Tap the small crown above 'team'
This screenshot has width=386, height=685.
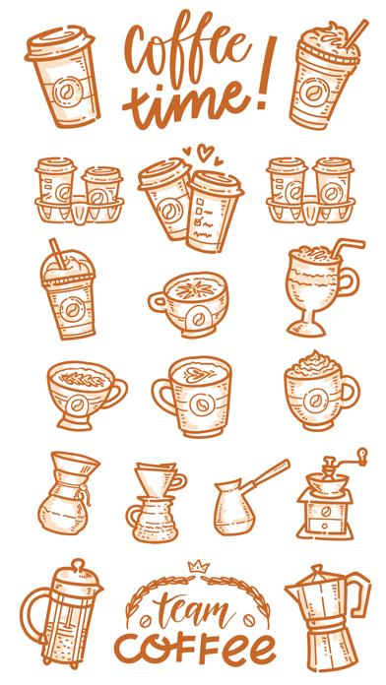tap(199, 567)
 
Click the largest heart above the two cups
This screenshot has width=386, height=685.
tap(205, 152)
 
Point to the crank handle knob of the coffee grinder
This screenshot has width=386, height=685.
tap(362, 454)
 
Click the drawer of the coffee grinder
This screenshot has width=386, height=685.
tap(324, 526)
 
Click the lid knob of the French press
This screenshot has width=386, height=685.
tap(78, 564)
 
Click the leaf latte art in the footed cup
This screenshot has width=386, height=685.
tap(82, 378)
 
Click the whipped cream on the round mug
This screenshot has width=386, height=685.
tap(313, 363)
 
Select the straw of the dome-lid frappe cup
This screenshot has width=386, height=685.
tap(57, 252)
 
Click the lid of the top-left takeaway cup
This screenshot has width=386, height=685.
tap(60, 42)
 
